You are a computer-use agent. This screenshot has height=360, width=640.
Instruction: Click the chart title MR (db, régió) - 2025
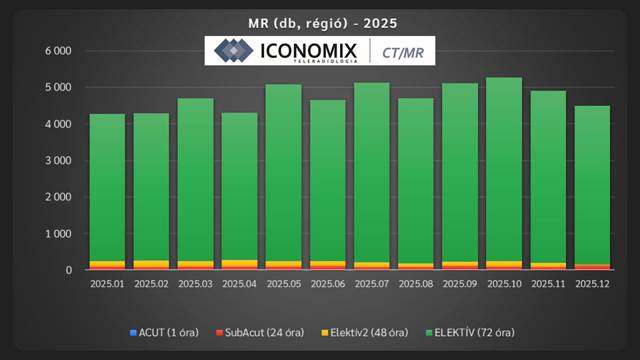click(319, 24)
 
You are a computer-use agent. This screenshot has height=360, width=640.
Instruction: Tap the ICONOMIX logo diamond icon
click(233, 51)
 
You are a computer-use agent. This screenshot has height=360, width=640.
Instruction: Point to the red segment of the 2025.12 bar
click(592, 267)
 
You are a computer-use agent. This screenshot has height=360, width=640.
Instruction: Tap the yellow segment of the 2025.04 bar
click(239, 263)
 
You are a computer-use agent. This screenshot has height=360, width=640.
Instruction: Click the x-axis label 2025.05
click(283, 284)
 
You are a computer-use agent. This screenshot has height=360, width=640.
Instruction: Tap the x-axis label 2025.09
click(459, 284)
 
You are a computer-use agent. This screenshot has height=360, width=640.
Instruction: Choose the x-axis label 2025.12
click(592, 284)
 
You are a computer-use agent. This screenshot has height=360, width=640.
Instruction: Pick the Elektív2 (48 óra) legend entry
click(366, 332)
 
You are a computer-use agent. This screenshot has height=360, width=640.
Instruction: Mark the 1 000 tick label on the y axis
click(57, 234)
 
